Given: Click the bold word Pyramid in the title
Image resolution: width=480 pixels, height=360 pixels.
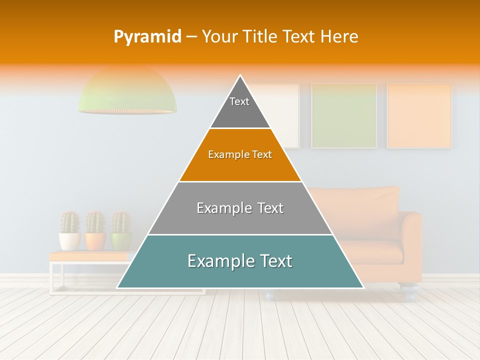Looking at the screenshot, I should (147, 36).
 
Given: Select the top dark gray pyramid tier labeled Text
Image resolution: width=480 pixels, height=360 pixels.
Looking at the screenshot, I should (240, 107).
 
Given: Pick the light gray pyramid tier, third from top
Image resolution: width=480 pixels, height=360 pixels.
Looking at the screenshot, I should (240, 208).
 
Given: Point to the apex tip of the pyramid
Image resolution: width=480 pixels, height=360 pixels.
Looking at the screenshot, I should (240, 76).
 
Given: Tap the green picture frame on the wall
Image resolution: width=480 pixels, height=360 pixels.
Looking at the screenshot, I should (343, 115).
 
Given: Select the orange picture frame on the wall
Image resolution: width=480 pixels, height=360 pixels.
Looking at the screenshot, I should (419, 115).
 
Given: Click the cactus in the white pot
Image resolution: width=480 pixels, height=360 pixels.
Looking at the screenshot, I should (70, 222).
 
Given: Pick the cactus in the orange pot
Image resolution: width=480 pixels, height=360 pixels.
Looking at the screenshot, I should (95, 222).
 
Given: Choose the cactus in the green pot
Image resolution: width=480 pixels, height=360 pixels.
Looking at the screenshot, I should (120, 222).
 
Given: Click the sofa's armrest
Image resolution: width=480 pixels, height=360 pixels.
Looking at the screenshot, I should (411, 240).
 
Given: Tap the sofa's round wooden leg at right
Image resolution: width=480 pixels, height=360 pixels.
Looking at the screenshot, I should (409, 292).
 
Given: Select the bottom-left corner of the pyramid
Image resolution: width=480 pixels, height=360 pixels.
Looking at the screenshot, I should (117, 287).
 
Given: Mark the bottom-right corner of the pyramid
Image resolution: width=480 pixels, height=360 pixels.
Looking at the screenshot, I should (363, 287).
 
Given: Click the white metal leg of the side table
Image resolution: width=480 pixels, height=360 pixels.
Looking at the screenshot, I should (52, 277).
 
